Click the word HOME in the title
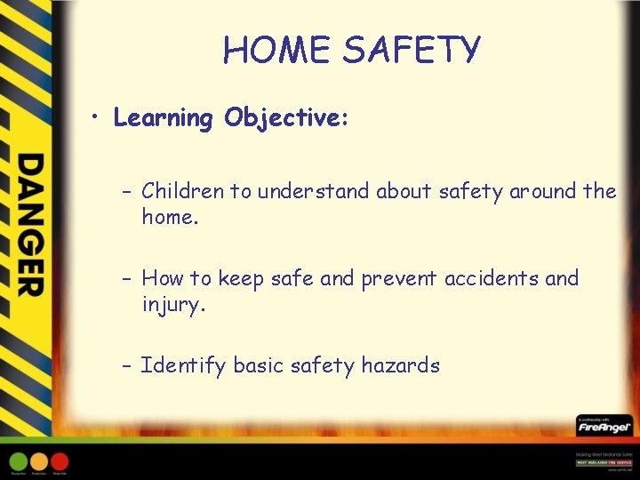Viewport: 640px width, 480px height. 277,51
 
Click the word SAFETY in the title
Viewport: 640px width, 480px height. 412,51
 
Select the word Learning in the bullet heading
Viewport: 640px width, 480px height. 164,118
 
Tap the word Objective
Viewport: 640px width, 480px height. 284,118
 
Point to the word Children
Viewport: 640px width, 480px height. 184,191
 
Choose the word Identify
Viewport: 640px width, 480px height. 183,365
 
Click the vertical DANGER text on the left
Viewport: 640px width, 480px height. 30,225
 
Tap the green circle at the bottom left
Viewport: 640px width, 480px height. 18,461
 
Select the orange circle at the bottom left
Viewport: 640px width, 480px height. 39,461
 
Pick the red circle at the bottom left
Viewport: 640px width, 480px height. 60,461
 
